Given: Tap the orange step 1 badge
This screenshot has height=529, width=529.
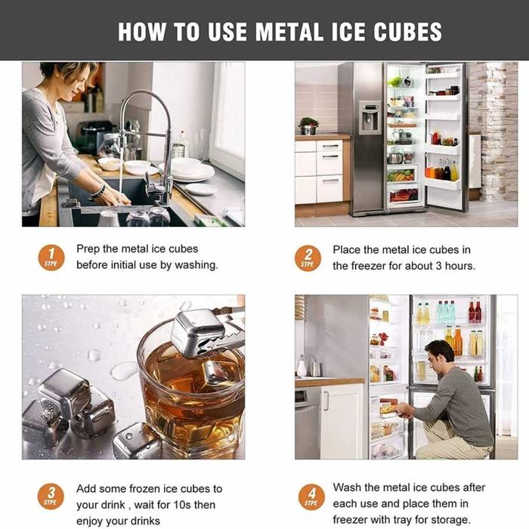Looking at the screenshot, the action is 51,258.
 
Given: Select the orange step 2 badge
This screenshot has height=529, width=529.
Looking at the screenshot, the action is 308,258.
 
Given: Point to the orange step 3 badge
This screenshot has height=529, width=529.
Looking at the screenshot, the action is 51,497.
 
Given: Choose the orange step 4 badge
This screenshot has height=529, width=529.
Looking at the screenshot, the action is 311,497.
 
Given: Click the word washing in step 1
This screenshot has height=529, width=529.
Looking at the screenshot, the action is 196,265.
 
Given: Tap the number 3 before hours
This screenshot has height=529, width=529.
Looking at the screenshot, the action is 438,266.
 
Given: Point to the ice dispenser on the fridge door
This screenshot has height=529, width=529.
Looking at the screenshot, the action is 369,117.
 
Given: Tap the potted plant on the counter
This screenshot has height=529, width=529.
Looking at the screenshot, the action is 308,126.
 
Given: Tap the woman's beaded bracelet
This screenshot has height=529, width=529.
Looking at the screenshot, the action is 98,191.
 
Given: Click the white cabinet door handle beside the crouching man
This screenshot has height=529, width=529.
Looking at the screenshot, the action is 326,401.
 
